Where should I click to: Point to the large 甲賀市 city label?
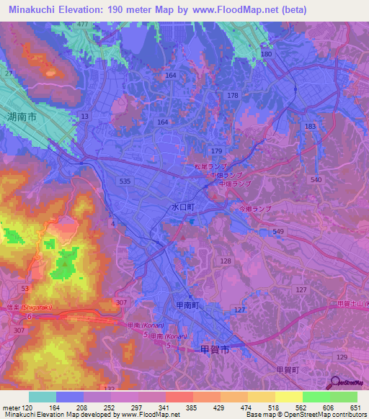coord(214,350)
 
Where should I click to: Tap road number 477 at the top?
coord(84,24)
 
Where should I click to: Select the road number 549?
coord(279,232)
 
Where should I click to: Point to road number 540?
coord(315,179)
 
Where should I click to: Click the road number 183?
coord(310,126)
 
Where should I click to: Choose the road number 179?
coord(217,150)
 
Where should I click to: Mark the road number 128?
coord(226,261)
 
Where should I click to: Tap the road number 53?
coord(25,288)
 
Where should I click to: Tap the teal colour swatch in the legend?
coord(43,397)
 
